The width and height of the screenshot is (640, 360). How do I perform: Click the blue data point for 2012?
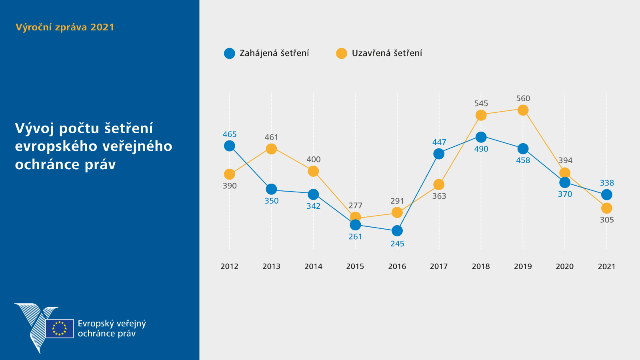coord(230,146)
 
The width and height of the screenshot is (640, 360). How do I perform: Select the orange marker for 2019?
coord(523,110)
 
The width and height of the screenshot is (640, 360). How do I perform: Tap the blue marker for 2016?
coord(397,231)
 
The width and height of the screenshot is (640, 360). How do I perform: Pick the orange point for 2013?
coord(271,149)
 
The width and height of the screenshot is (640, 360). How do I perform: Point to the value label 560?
coord(523,98)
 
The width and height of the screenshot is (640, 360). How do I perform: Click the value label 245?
coord(397,244)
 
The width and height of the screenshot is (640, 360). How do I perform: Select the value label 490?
coord(481,149)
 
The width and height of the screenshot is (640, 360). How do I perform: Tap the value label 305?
coord(607,220)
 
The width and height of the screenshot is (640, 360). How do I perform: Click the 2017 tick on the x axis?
coord(439,266)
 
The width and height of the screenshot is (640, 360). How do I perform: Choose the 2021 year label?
coord(606,266)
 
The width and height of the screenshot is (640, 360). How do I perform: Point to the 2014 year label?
coord(313,266)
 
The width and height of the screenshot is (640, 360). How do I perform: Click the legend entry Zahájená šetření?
coord(274,53)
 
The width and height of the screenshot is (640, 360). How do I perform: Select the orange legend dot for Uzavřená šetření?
coord(342,54)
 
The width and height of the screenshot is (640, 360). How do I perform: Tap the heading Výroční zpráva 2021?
coord(65,27)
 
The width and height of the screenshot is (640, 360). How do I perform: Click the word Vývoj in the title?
coord(34,128)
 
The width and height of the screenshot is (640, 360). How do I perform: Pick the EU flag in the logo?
coord(60,328)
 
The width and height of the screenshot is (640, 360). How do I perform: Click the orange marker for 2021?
coord(607,208)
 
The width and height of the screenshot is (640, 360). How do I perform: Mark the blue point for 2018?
coord(481,137)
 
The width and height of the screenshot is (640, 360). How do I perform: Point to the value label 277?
coord(355,206)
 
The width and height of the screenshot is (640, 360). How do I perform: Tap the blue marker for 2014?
coord(313,194)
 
